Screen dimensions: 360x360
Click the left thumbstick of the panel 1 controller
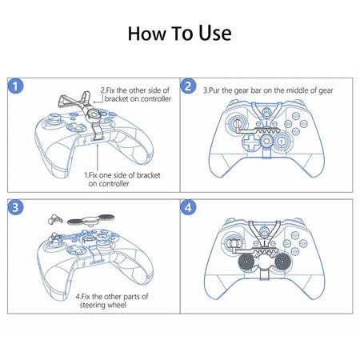(x=51, y=127)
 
